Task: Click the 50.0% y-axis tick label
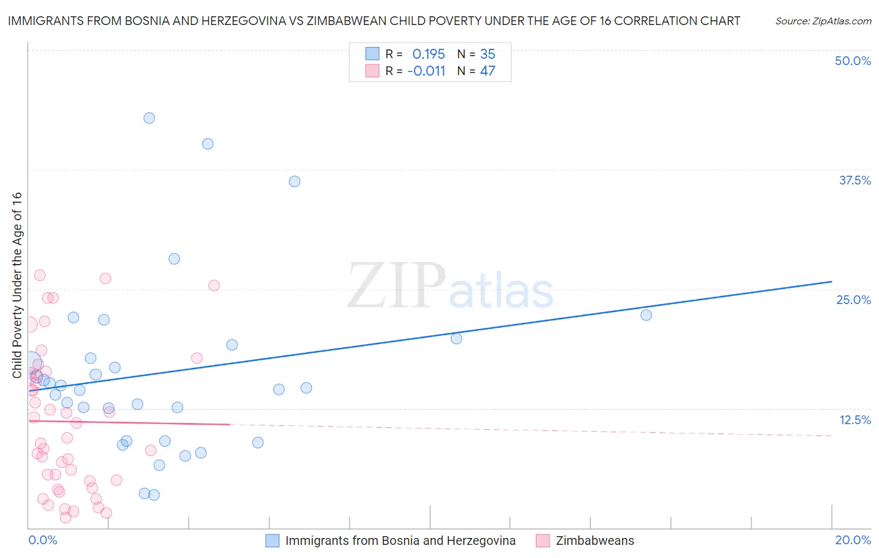853,61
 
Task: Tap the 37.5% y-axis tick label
855,180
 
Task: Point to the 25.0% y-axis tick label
853,300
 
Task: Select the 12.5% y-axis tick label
855,420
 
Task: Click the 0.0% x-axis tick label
43,540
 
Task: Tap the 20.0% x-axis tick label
853,540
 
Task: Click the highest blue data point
149,118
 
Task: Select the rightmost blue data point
646,315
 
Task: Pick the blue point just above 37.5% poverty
294,181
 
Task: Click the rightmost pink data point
214,285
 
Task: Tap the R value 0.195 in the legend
428,54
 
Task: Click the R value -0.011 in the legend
426,71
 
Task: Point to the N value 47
488,71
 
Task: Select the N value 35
488,54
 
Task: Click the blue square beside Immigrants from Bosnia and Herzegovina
273,540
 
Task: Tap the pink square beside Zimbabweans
543,540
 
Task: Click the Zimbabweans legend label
595,540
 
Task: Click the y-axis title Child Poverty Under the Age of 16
17,285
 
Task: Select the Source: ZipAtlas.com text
823,21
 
